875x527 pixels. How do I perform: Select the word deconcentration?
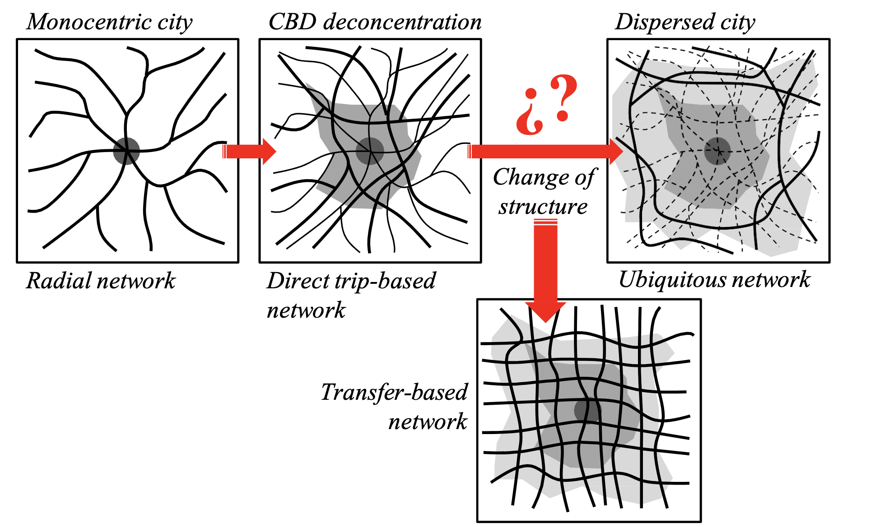[x=403, y=22]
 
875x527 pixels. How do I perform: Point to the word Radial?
[x=53, y=281]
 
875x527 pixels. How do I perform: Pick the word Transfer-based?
[x=394, y=392]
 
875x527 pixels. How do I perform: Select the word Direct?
[x=298, y=281]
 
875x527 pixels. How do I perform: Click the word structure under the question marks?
[x=543, y=207]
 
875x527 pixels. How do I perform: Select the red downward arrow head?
[x=545, y=311]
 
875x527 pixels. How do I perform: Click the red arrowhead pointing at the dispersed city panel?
[x=615, y=152]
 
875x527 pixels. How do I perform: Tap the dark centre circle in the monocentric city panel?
[x=126, y=151]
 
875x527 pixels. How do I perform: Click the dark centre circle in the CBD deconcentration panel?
[x=370, y=151]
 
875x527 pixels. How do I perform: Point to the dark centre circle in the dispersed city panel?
[x=717, y=151]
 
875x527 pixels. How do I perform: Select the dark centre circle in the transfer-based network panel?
[x=587, y=410]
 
